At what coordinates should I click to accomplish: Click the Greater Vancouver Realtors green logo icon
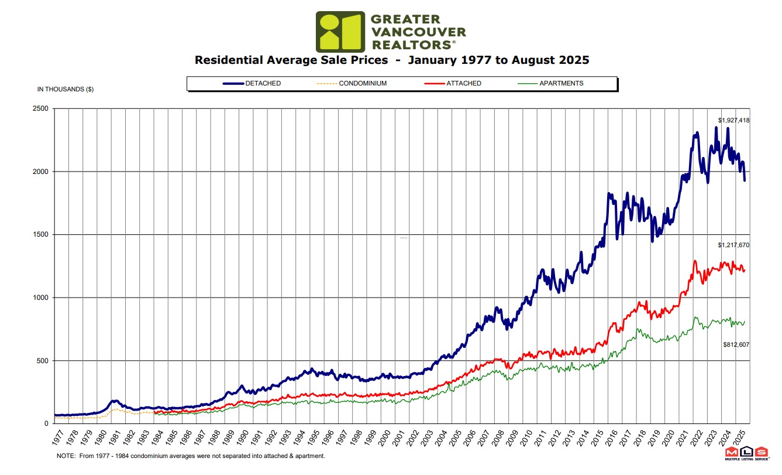(x=340, y=32)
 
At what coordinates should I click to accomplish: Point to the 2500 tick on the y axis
(x=43, y=109)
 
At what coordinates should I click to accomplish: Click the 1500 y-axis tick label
(x=43, y=235)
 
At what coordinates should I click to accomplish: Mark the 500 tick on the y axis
(x=44, y=361)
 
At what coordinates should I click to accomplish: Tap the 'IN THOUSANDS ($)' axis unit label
(x=66, y=90)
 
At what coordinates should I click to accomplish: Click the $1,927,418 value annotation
(x=733, y=120)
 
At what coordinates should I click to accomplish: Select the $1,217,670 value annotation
(x=733, y=245)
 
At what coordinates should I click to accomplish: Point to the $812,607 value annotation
(x=736, y=344)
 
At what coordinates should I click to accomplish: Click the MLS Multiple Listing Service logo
(x=746, y=454)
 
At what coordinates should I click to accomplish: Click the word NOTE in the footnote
(x=64, y=456)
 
